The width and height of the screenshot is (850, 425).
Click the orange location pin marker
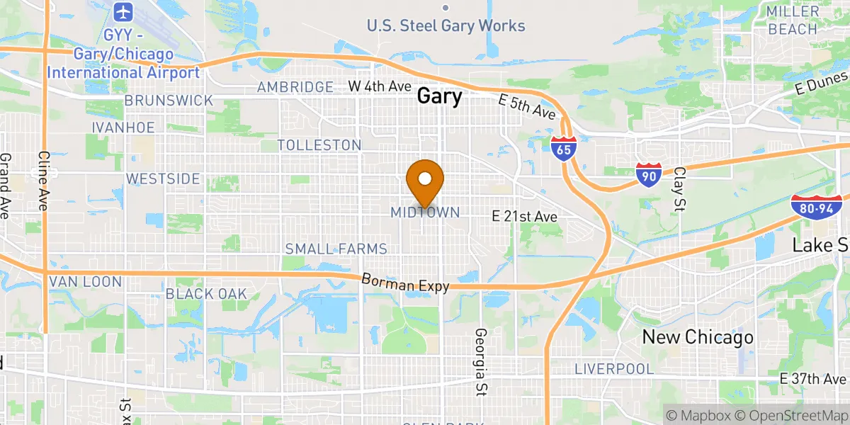426,180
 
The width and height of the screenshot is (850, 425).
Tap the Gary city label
439,96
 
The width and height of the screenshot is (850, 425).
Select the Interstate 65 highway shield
563,149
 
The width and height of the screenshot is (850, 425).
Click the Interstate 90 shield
649,174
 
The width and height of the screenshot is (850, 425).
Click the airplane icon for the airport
123,12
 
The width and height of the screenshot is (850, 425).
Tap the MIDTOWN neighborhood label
425,212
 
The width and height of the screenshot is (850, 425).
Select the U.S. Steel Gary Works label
446,26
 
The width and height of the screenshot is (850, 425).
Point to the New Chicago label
697,337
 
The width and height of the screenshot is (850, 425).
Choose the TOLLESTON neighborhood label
319,145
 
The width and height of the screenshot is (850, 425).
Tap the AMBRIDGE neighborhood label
295,87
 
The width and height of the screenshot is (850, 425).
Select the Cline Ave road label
43,181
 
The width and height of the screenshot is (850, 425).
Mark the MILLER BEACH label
793,20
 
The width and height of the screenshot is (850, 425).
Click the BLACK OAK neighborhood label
206,293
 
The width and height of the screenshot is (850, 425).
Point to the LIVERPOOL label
613,369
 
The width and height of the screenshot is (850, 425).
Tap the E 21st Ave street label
525,217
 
